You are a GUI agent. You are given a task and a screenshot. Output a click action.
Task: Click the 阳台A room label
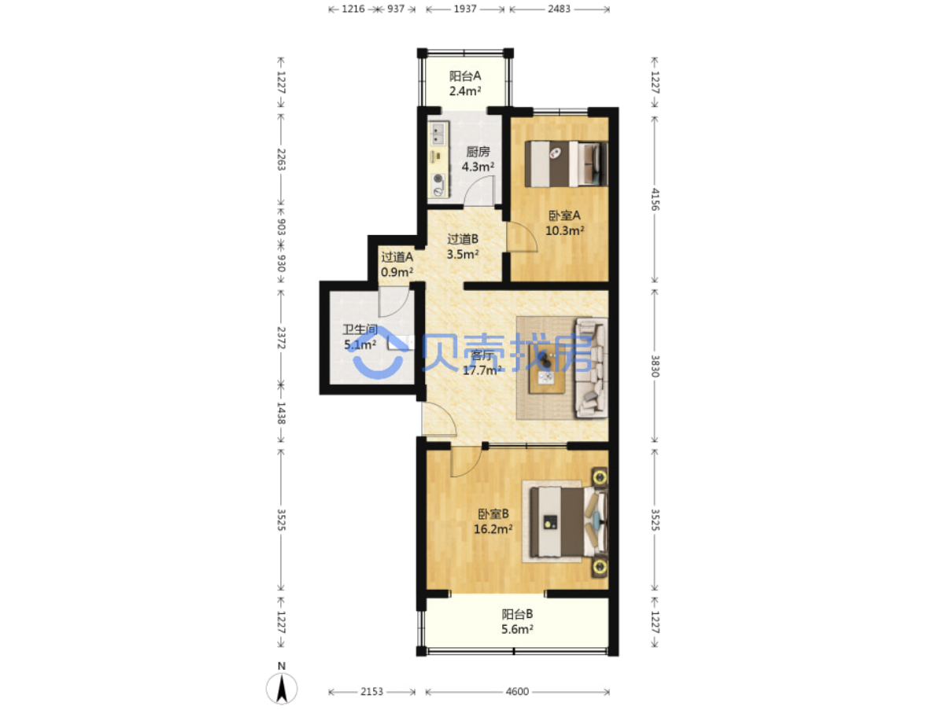point(465,76)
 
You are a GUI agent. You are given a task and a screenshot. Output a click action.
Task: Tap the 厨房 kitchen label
point(478,152)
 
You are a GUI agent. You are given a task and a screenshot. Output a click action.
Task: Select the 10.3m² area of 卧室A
point(565,230)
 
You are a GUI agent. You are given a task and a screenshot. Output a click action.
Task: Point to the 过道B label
point(463,239)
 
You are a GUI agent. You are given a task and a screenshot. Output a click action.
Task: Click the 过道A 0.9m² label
point(397,265)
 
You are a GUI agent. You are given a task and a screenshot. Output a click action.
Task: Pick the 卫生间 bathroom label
point(360,329)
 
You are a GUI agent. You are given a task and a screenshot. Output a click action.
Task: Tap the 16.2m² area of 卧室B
point(493,529)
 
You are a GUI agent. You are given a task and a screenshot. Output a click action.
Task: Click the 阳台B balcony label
point(517,614)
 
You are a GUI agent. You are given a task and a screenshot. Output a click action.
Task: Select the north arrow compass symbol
point(281,688)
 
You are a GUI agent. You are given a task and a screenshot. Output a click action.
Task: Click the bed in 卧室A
point(566,164)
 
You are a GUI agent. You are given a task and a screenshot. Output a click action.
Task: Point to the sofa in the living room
point(590,367)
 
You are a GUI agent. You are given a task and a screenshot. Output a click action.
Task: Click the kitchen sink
point(438,133)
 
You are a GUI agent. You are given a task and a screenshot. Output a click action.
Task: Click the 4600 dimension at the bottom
point(517,691)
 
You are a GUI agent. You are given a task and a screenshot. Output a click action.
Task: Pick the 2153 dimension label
point(372,691)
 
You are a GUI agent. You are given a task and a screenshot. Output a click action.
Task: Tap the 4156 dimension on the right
point(655,199)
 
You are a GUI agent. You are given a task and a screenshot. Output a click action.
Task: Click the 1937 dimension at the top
point(465,9)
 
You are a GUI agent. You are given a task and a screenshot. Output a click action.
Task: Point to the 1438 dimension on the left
point(281,413)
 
